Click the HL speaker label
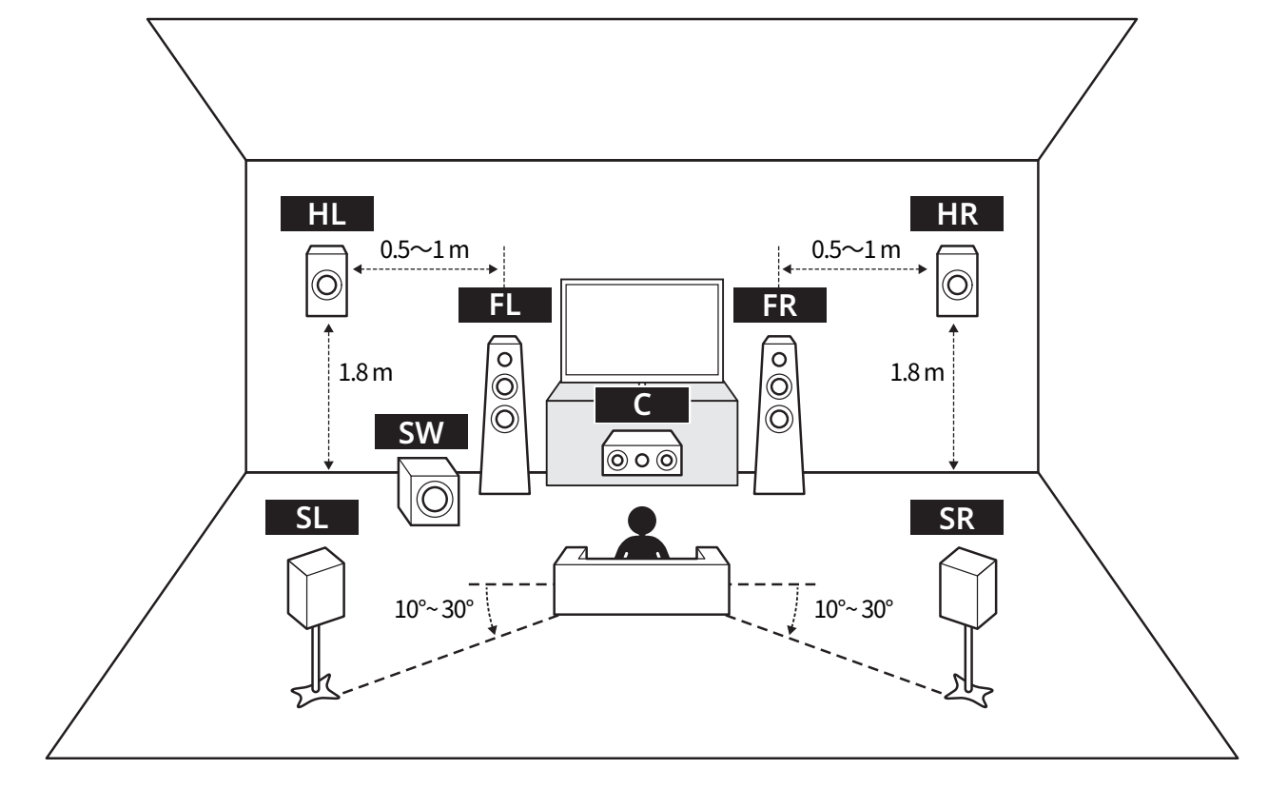326,213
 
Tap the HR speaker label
956,213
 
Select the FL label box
505,305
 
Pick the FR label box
780,305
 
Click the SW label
420,431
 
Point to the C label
642,404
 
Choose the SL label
312,517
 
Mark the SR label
956,517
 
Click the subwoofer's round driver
434,499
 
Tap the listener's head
642,521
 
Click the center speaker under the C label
642,453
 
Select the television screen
642,331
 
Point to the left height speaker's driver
326,285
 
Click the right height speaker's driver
957,285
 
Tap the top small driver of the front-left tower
505,360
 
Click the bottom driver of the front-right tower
779,419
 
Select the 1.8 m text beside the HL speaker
365,373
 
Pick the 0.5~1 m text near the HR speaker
855,249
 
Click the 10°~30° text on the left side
434,609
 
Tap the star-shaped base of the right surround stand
969,692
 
